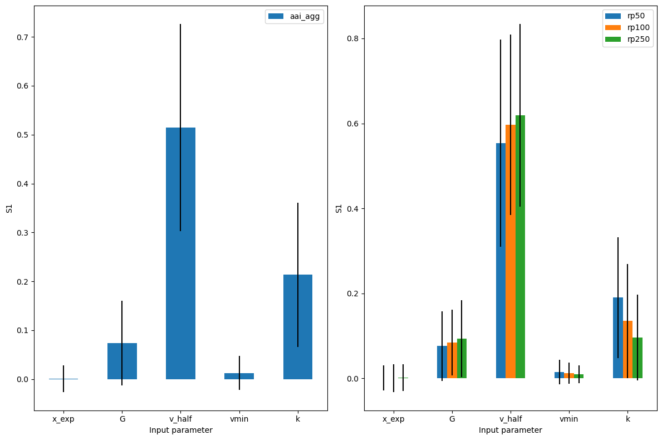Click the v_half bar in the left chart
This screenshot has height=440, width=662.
point(180,253)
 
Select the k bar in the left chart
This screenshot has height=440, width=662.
point(298,327)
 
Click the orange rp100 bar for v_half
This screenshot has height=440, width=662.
point(511,251)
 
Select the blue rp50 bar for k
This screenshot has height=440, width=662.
point(618,338)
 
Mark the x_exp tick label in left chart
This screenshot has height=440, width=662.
point(63,419)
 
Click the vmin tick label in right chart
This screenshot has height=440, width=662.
point(569,419)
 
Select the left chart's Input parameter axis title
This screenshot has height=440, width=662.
point(180,430)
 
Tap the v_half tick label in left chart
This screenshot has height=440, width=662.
point(180,419)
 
